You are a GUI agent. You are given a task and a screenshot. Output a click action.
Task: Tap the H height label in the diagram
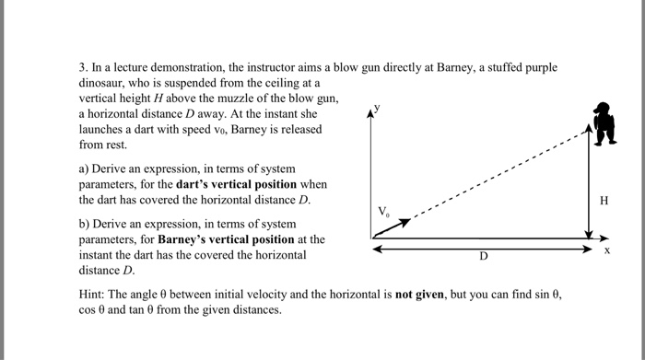(x=604, y=199)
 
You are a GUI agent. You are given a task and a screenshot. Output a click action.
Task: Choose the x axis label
(x=607, y=250)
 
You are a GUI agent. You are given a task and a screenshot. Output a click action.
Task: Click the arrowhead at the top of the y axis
(x=372, y=112)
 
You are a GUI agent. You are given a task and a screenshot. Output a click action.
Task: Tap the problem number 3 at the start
(x=83, y=68)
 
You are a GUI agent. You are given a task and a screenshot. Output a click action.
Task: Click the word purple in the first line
(x=523, y=68)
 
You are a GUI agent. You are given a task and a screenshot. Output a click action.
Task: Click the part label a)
(x=86, y=169)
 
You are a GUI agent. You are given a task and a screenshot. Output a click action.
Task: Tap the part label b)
(x=86, y=224)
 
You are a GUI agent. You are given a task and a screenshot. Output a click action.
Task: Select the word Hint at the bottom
(x=94, y=295)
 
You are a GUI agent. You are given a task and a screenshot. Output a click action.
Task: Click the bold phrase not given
(x=420, y=295)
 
